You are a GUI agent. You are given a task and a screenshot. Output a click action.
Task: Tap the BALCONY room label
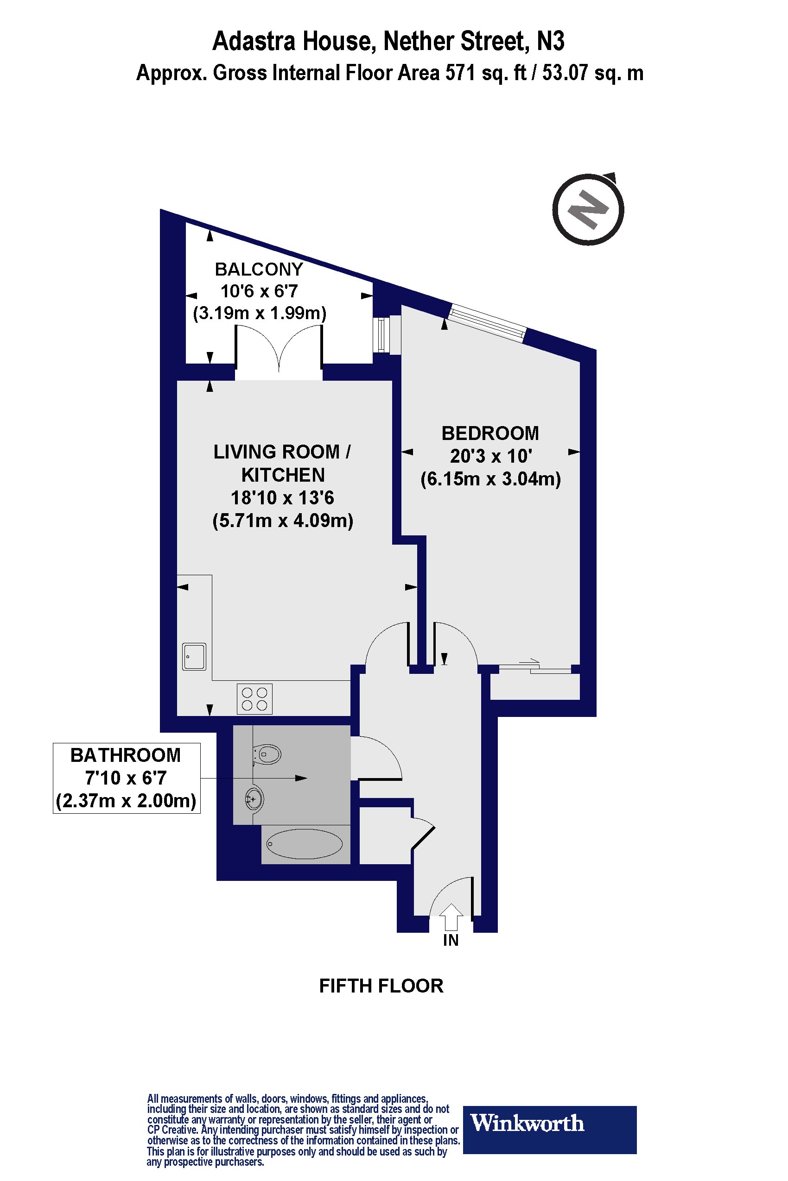[259, 270]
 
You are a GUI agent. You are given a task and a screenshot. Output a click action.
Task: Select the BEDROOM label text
[490, 433]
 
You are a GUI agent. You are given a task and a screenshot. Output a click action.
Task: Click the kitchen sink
[194, 656]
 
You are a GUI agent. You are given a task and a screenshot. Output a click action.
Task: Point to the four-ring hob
[254, 699]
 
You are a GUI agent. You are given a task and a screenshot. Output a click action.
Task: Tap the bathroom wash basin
[254, 798]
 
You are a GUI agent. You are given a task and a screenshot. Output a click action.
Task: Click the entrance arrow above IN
[451, 917]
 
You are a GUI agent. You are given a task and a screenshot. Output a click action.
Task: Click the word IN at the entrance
[451, 940]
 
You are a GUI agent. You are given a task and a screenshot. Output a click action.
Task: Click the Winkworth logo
[549, 1123]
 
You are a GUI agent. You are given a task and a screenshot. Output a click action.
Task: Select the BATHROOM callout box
[127, 778]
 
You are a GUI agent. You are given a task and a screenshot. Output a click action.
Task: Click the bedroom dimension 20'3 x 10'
[491, 456]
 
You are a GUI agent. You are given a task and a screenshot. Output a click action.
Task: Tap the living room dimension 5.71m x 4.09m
[283, 521]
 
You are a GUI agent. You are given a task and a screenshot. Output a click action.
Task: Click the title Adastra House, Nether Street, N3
[388, 41]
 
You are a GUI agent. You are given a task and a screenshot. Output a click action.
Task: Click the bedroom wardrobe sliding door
[535, 666]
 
